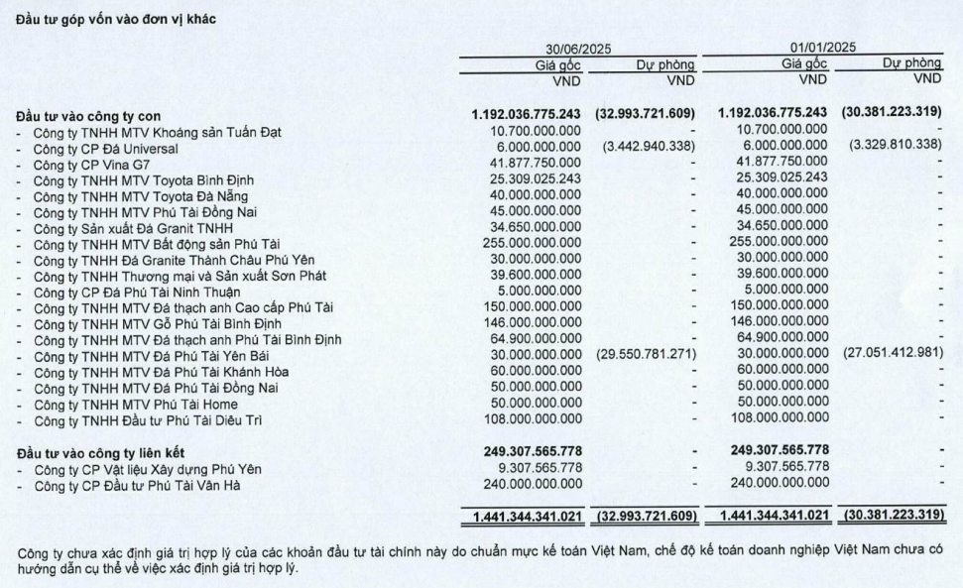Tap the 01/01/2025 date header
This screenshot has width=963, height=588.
[822, 48]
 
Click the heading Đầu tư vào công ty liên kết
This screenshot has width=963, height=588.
[109, 452]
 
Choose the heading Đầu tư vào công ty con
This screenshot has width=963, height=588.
[97, 116]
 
